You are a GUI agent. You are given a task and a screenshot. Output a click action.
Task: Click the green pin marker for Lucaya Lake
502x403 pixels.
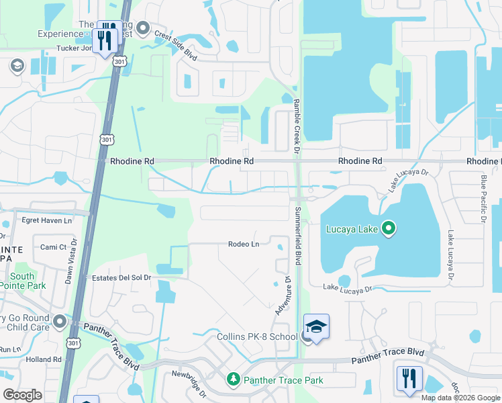(x=387, y=230)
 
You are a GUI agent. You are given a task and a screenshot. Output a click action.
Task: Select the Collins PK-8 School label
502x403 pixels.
(x=257, y=337)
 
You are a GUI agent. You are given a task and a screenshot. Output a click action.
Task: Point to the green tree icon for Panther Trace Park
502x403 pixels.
(x=233, y=380)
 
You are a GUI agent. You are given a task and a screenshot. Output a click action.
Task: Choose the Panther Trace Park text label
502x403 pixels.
(x=283, y=380)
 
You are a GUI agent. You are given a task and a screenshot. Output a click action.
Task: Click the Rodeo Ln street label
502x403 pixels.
(x=244, y=244)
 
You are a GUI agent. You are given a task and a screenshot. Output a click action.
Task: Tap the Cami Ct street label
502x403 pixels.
(x=54, y=247)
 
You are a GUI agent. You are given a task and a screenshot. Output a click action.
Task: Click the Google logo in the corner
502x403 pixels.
(x=23, y=394)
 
